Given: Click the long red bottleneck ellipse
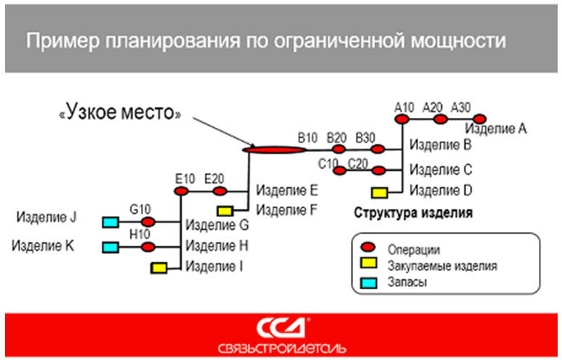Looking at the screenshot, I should (274, 150).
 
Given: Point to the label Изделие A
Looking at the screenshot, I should (496, 129).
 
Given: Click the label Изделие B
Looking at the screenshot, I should (440, 145).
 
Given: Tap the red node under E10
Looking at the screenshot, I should (182, 192).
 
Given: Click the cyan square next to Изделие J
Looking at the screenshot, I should (111, 221).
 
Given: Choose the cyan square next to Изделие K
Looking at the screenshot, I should (111, 247).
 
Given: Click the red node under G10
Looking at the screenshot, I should (148, 221).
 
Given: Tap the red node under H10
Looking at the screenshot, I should (148, 247).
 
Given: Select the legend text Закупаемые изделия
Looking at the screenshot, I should (442, 265).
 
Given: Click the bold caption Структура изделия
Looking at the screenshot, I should (413, 213).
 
